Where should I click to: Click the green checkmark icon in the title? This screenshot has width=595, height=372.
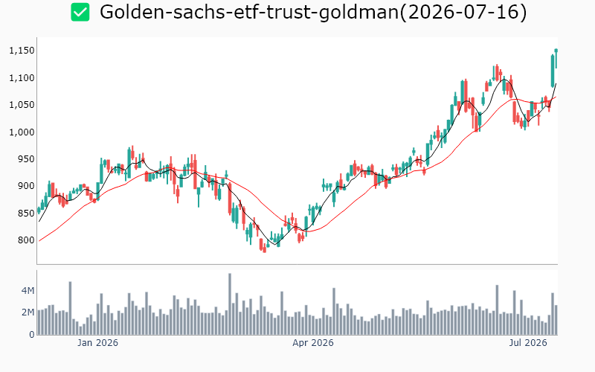(x=80, y=12)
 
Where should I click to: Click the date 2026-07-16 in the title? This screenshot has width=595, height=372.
(x=463, y=12)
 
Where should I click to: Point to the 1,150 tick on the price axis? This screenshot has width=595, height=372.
(x=22, y=51)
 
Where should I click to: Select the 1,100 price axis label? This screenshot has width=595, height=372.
(x=22, y=78)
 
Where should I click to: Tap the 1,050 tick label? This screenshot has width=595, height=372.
(x=22, y=105)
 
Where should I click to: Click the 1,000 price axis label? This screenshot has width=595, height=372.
(x=22, y=132)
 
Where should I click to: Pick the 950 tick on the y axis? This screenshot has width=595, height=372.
(x=26, y=159)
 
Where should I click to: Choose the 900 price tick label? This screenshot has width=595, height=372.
(x=26, y=186)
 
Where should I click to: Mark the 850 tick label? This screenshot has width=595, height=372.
(x=26, y=214)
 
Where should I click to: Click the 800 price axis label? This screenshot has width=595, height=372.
(x=26, y=240)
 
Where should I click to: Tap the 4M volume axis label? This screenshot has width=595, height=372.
(x=28, y=291)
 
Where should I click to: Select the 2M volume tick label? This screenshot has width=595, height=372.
(x=28, y=312)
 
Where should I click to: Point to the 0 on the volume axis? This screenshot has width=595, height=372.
(x=31, y=334)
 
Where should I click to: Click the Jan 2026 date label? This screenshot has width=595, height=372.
(x=97, y=343)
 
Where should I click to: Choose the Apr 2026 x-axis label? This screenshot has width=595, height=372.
(x=313, y=343)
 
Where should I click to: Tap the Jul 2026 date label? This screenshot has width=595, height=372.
(x=528, y=343)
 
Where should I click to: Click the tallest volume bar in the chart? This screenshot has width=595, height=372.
(x=230, y=304)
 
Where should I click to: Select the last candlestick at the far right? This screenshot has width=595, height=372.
(x=556, y=59)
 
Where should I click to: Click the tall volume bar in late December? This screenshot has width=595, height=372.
(x=70, y=308)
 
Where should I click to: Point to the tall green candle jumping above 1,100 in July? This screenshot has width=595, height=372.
(x=553, y=71)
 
